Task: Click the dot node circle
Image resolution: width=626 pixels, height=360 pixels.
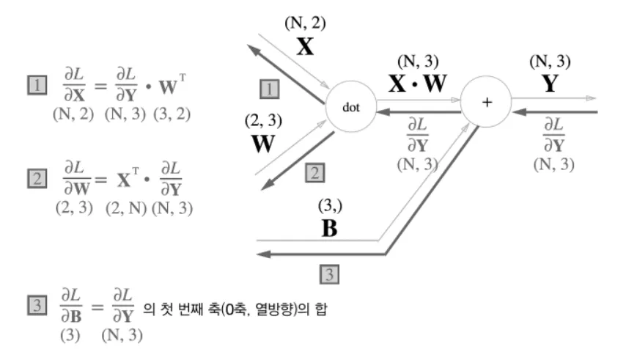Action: point(350,107)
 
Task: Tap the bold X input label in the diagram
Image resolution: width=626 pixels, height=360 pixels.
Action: point(305,46)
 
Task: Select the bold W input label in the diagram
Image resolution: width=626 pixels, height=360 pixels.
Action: point(263,143)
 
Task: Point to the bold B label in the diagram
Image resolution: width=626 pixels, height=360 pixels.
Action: point(331,227)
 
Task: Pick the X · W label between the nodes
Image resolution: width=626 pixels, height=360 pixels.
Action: point(417,83)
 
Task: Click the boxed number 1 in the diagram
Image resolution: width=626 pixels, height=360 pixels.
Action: point(270,89)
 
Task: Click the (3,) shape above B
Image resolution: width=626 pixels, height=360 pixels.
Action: point(330,205)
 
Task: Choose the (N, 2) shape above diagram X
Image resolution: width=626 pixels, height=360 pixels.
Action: point(305,22)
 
